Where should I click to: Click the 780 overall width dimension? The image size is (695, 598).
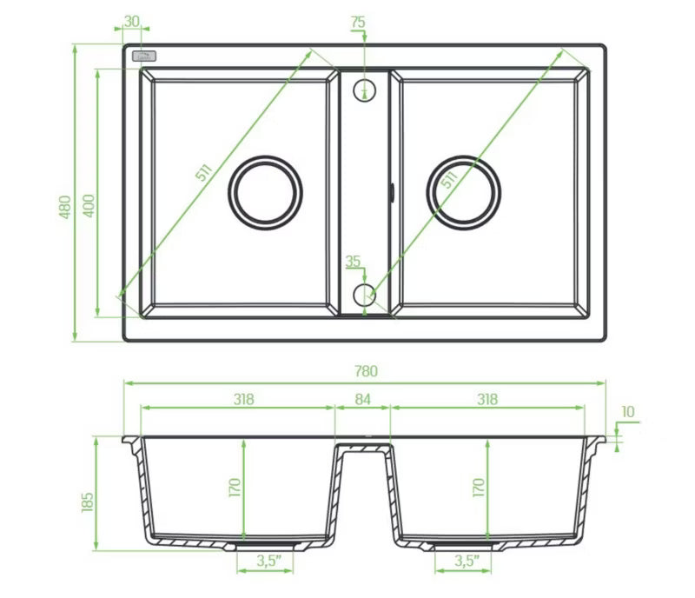click(366, 371)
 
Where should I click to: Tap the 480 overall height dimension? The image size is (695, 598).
click(64, 207)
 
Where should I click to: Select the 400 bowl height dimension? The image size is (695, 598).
click(89, 206)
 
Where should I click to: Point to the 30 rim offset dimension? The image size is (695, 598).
click(132, 21)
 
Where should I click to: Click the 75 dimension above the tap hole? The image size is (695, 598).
click(358, 22)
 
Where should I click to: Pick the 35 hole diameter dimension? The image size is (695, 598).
click(353, 262)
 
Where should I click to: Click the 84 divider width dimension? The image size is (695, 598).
click(362, 399)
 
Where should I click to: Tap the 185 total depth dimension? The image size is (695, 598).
click(88, 502)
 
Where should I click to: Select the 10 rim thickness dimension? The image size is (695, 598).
click(628, 412)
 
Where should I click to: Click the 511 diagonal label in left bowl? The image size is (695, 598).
click(204, 173)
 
